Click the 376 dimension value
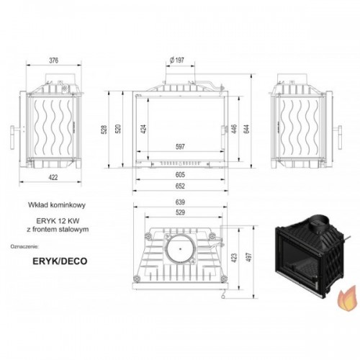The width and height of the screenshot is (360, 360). [54, 60]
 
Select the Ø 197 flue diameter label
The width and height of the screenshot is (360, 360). [177, 60]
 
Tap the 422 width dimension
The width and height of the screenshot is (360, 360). [53, 177]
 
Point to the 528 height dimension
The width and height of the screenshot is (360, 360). [104, 129]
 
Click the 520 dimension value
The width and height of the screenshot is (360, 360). [118, 129]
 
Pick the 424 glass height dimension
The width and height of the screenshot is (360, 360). [143, 129]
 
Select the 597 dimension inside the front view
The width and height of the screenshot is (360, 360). [180, 146]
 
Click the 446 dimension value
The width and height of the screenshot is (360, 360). [234, 129]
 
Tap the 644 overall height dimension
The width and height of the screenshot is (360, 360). [247, 129]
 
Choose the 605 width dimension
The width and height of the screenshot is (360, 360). [180, 175]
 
